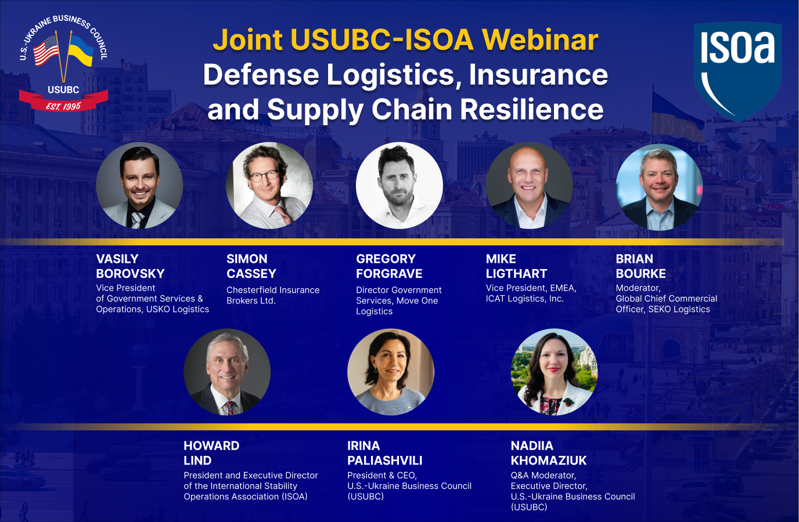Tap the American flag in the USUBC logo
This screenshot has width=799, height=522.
tap(46, 50)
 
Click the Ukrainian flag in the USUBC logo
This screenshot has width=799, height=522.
tap(81, 51)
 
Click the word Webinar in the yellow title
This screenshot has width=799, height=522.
tap(540, 39)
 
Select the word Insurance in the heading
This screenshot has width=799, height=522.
tap(538, 75)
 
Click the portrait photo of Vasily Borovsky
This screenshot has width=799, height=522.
tap(139, 186)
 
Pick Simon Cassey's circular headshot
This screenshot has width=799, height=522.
tap(269, 186)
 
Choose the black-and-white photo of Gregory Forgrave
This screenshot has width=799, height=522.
tap(399, 186)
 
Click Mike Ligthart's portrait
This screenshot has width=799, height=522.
tap(530, 186)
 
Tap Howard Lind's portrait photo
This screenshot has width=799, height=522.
tap(227, 372)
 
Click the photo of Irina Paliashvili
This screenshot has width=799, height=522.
tap(391, 372)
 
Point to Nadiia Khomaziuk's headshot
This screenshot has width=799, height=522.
tap(554, 372)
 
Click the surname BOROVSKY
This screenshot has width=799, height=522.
tap(130, 274)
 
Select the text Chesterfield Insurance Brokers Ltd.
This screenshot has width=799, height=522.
tap(272, 295)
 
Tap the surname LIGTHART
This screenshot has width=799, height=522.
tap(516, 274)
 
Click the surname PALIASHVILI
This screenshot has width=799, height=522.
tap(384, 461)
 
